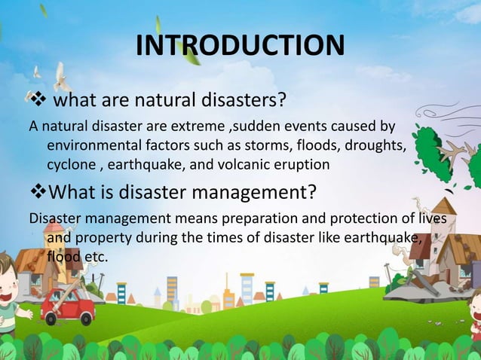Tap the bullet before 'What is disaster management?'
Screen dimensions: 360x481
37,192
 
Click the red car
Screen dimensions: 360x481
68,305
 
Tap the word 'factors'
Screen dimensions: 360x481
167,145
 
